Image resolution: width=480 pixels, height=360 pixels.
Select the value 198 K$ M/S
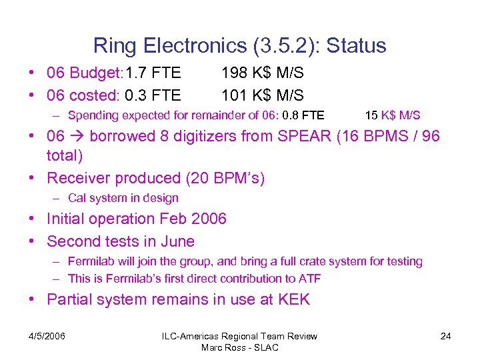click(x=263, y=73)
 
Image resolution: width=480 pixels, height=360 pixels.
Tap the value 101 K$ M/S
click(x=263, y=95)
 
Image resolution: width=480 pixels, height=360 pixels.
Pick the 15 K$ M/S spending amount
click(x=393, y=115)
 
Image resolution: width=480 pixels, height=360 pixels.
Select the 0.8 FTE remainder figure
click(x=303, y=115)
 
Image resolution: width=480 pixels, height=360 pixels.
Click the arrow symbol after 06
click(x=77, y=137)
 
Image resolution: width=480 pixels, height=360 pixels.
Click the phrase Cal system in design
click(x=123, y=198)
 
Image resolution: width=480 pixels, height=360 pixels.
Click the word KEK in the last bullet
click(x=293, y=299)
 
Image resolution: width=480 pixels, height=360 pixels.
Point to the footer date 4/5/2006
click(x=47, y=336)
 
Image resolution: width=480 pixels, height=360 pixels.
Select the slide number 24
click(x=445, y=336)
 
